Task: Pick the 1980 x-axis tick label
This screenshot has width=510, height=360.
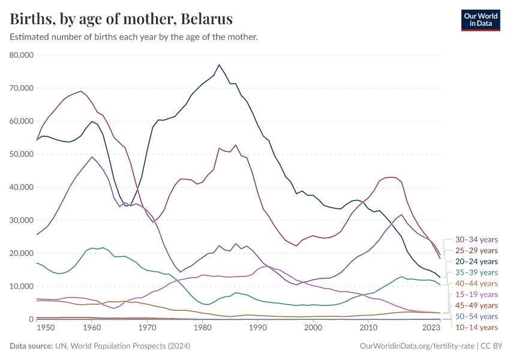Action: tap(202, 328)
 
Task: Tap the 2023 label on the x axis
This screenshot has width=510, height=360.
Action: tap(431, 328)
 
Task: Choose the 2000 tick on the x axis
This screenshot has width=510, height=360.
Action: tap(313, 328)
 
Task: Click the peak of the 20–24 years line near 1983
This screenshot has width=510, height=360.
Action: tap(219, 65)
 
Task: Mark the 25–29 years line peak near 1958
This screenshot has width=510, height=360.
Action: tap(81, 91)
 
